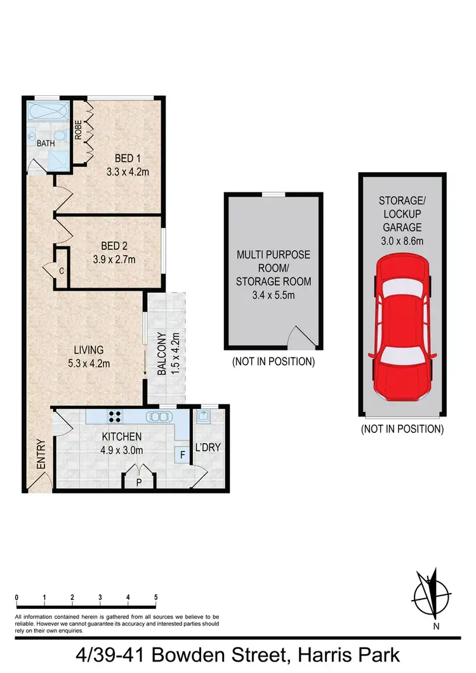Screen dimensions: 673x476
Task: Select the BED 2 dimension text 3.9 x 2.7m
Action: pos(115,259)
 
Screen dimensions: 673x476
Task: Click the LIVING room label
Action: pos(88,350)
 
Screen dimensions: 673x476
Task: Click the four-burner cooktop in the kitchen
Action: pos(116,417)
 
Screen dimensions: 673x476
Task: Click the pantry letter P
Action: pos(140,481)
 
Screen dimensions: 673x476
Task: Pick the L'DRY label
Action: pos(208,448)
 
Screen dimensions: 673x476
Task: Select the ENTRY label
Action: pos(41,455)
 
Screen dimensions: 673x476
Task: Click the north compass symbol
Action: pos(431,595)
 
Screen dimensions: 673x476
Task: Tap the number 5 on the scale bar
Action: pos(156,597)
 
